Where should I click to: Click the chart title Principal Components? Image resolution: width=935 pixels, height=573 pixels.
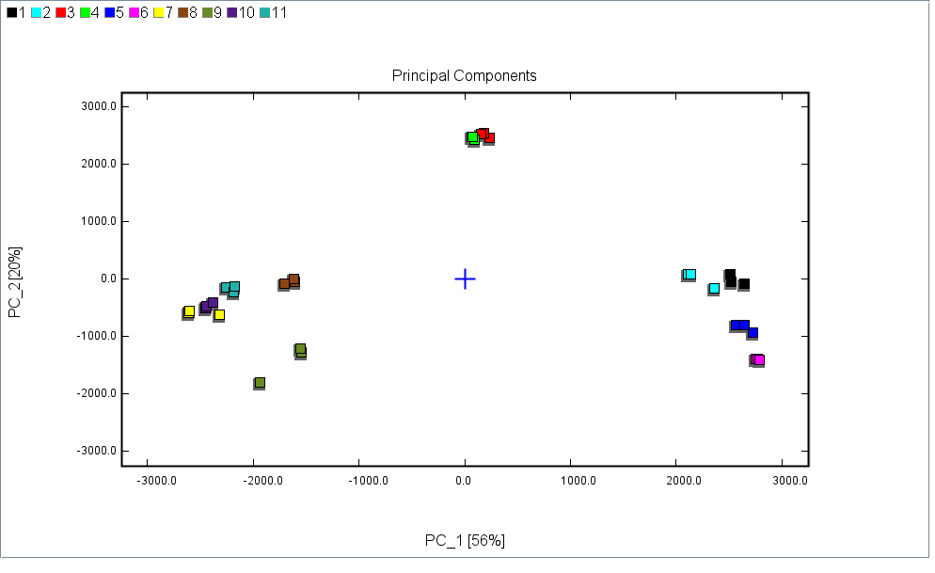(464, 75)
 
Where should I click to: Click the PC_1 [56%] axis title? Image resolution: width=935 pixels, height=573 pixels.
(465, 540)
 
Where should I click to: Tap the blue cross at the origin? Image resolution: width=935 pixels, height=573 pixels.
(465, 279)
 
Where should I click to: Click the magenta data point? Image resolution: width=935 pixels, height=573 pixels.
(759, 359)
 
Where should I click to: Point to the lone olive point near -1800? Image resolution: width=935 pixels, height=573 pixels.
(260, 383)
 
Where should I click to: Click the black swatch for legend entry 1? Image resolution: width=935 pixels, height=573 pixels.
(11, 12)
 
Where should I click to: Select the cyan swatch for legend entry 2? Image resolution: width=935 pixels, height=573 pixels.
(36, 12)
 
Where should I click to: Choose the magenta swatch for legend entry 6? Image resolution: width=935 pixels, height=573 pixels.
(134, 12)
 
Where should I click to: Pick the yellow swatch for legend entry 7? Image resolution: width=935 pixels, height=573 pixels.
(158, 12)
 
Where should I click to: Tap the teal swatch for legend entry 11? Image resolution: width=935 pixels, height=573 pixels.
(265, 12)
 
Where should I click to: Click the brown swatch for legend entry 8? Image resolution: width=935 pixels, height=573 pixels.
(182, 12)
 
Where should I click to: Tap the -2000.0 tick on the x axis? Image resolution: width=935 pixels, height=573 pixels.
(261, 480)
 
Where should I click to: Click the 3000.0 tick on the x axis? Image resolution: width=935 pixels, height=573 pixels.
(790, 480)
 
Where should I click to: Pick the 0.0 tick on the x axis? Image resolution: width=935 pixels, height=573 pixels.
(464, 480)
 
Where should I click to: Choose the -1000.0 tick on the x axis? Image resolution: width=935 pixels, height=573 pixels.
(367, 480)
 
